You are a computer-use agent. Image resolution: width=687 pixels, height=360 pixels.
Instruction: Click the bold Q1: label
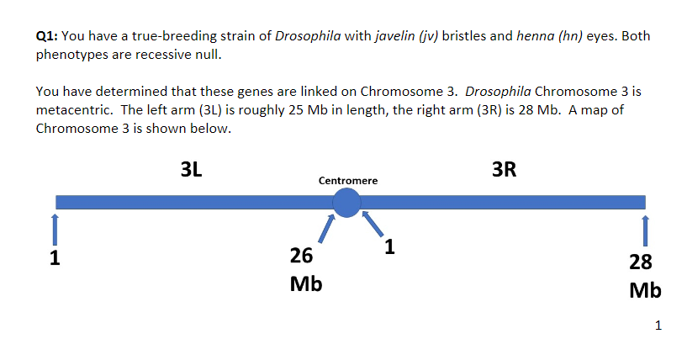47,36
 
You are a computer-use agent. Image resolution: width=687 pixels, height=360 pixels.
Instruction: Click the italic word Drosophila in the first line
308,36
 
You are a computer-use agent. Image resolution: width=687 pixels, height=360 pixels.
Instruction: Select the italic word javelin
394,36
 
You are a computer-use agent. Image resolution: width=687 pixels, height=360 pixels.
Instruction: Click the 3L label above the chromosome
192,169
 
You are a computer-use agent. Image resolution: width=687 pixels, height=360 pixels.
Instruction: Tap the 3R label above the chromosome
504,169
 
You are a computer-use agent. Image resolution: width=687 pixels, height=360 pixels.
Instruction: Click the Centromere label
348,181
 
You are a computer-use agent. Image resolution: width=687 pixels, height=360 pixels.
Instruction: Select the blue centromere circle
346,203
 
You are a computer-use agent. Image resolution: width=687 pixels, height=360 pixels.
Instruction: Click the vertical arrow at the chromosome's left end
55,230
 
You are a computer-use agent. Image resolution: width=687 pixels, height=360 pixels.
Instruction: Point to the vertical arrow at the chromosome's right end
645,230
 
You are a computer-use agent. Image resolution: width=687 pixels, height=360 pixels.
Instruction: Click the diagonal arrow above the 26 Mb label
327,229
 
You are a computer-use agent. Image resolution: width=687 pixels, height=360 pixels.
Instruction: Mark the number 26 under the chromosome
301,256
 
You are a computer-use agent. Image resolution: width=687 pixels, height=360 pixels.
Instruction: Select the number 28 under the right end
641,262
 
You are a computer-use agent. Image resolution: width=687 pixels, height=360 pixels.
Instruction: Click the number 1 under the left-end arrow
55,257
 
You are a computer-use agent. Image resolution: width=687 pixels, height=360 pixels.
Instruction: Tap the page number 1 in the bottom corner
658,326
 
